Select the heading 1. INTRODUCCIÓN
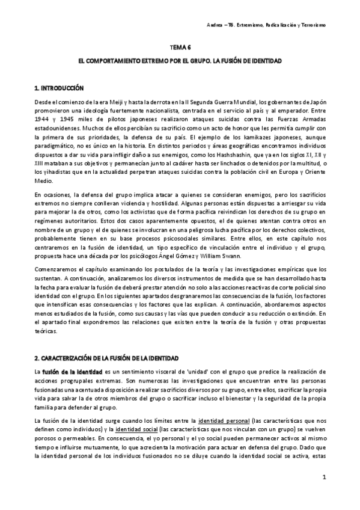tap(59, 88)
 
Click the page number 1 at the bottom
tap(324, 478)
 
